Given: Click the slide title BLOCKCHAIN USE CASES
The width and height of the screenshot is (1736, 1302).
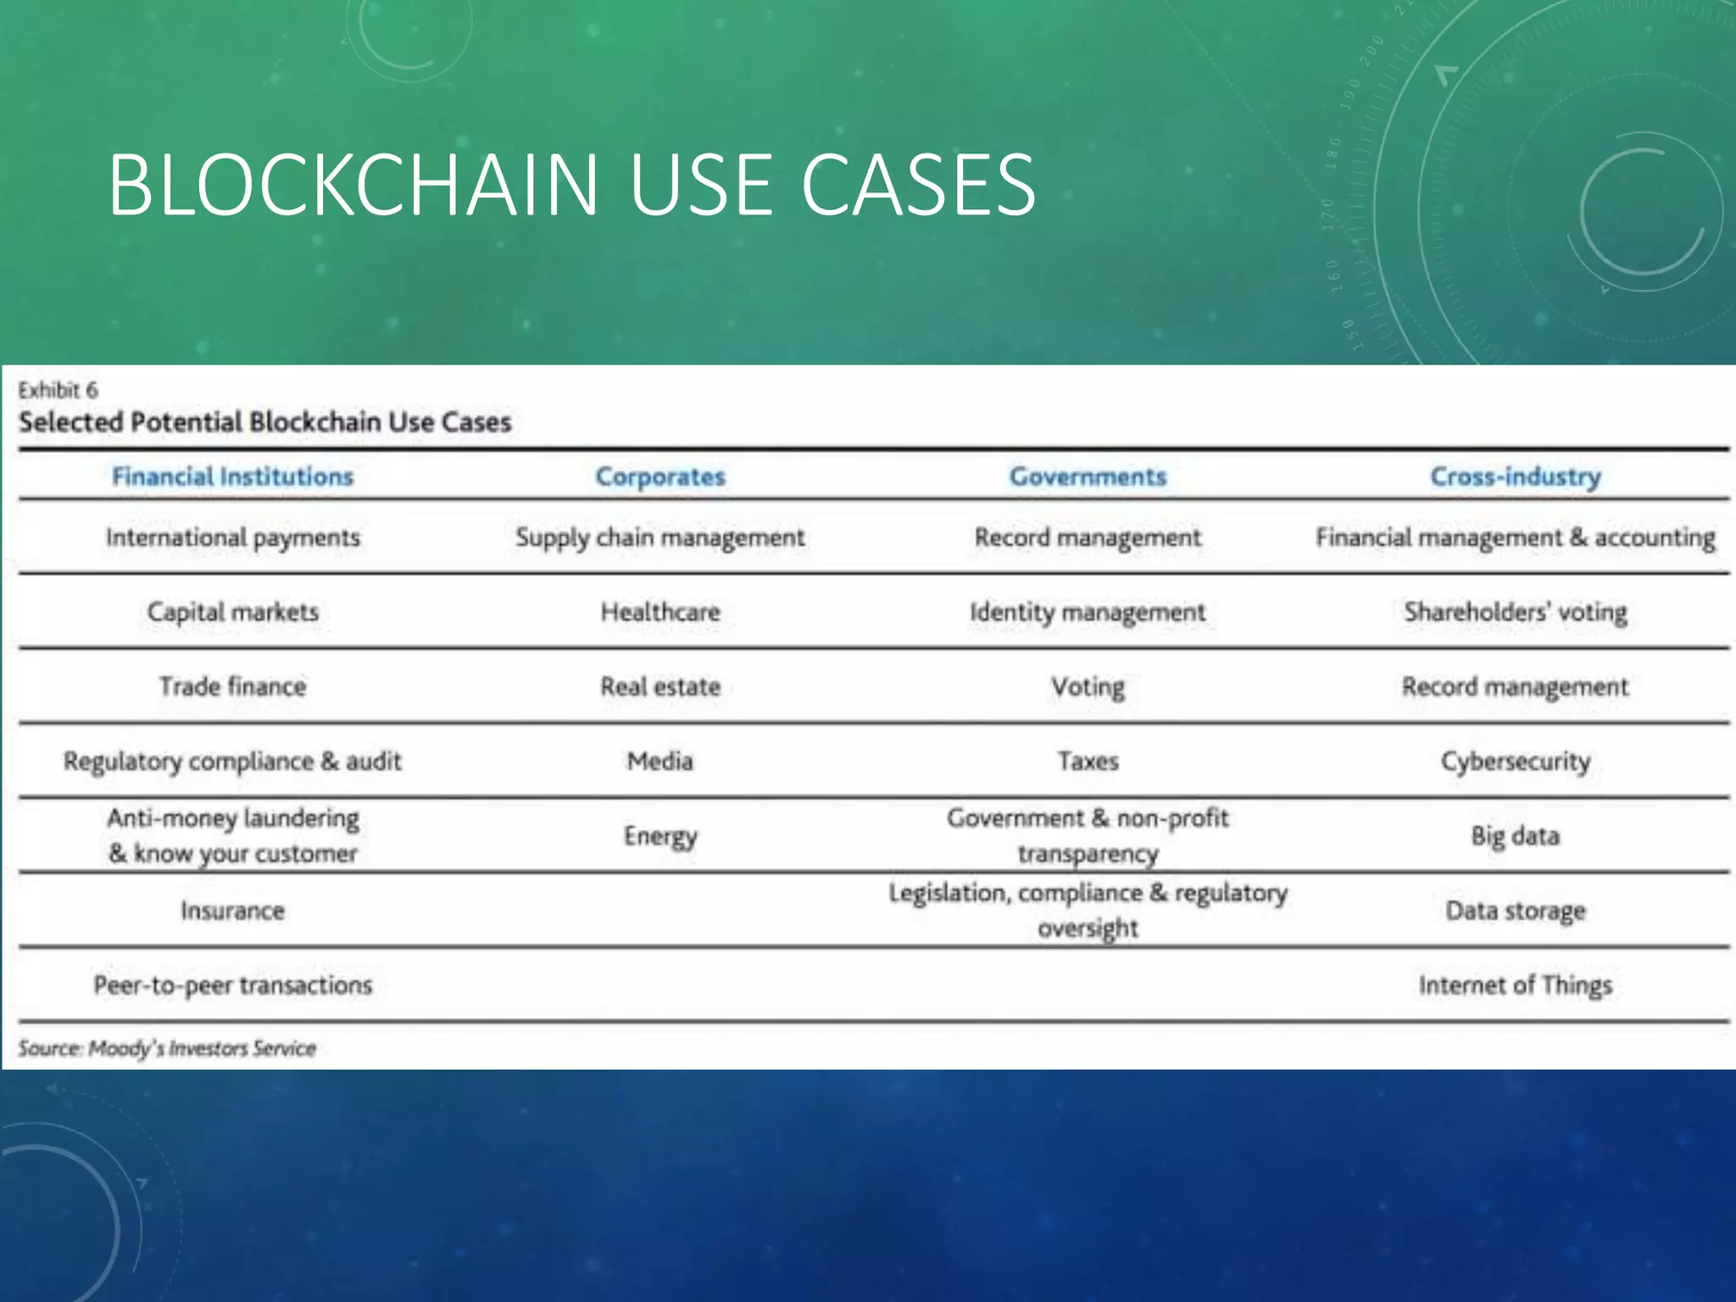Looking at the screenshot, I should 571,185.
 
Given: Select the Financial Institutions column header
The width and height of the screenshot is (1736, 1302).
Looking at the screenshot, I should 232,476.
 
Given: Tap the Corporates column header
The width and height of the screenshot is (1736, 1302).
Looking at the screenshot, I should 660,476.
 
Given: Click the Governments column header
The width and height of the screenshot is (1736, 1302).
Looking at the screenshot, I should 1088,476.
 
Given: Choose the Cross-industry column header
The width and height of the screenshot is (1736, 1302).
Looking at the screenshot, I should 1516,476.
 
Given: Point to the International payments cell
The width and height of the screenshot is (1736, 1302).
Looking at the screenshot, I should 232,537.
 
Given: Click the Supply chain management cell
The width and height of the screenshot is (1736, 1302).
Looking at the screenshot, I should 660,537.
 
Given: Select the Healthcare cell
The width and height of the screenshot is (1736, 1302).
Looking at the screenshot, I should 660,612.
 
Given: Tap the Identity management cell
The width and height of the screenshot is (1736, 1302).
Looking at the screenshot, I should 1088,612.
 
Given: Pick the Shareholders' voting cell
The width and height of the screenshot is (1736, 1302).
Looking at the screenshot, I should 1516,612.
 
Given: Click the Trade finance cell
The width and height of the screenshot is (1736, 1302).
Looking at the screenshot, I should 232,687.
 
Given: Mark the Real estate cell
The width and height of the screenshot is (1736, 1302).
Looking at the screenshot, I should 660,687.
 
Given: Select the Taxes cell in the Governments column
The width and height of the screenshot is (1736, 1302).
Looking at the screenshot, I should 1088,761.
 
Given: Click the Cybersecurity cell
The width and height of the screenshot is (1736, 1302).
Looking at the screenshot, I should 1516,761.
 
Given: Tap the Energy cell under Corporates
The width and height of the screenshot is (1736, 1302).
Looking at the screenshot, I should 660,837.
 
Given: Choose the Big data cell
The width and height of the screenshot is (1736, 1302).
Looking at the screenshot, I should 1516,837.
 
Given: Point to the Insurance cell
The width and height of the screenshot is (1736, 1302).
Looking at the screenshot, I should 232,911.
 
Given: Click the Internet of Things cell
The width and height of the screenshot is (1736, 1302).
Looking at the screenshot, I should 1516,985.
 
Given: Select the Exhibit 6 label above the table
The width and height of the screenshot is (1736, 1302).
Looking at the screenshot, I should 58,390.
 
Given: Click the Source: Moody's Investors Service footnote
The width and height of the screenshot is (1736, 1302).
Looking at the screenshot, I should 167,1049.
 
